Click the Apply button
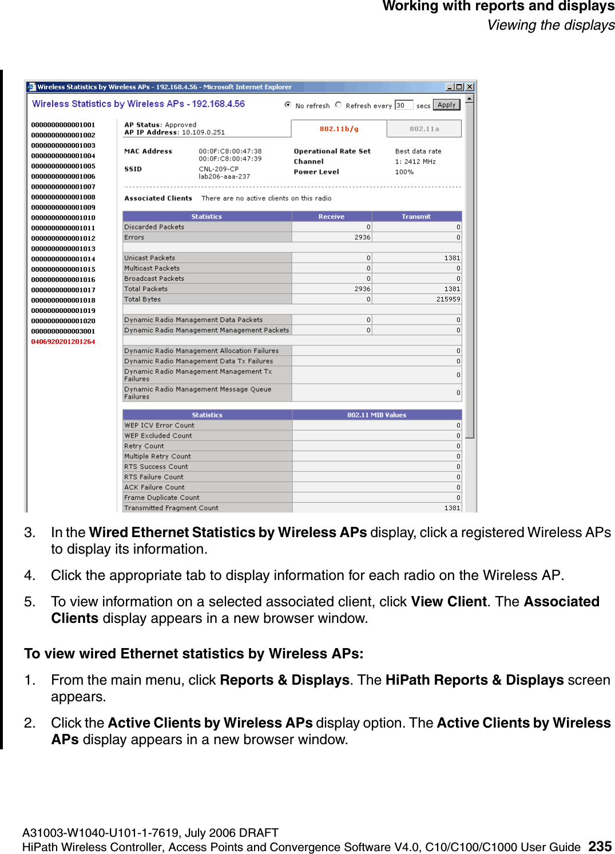[446, 105]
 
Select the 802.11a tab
[424, 129]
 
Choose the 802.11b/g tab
[339, 129]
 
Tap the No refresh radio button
[288, 105]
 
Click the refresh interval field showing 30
[403, 105]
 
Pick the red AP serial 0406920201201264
[63, 341]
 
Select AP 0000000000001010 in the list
[63, 218]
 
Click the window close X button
[470, 87]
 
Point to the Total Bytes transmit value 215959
[448, 299]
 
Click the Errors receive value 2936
[362, 237]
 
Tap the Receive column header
[331, 217]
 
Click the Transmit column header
[416, 217]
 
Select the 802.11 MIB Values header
[376, 415]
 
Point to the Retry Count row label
[144, 446]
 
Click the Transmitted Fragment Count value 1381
[452, 508]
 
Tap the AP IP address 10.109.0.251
[203, 132]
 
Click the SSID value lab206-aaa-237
[224, 177]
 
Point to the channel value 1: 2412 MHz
[415, 162]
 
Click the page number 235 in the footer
[600, 846]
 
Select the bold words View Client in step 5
[449, 602]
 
